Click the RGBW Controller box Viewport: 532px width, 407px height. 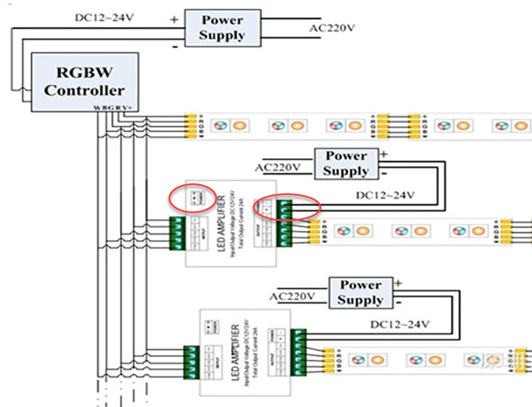point(84,81)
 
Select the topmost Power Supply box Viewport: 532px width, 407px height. point(222,28)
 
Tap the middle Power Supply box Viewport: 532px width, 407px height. point(346,164)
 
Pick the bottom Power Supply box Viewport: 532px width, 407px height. point(360,293)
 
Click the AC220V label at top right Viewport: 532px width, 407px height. point(332,28)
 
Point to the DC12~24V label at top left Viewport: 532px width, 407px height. point(104,18)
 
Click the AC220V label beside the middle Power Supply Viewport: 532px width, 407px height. point(278,168)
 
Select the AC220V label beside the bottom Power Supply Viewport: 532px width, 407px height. point(293,297)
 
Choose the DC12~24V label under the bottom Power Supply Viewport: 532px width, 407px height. point(401,324)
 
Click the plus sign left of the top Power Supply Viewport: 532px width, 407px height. point(174,19)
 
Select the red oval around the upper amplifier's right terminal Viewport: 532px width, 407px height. point(287,207)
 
